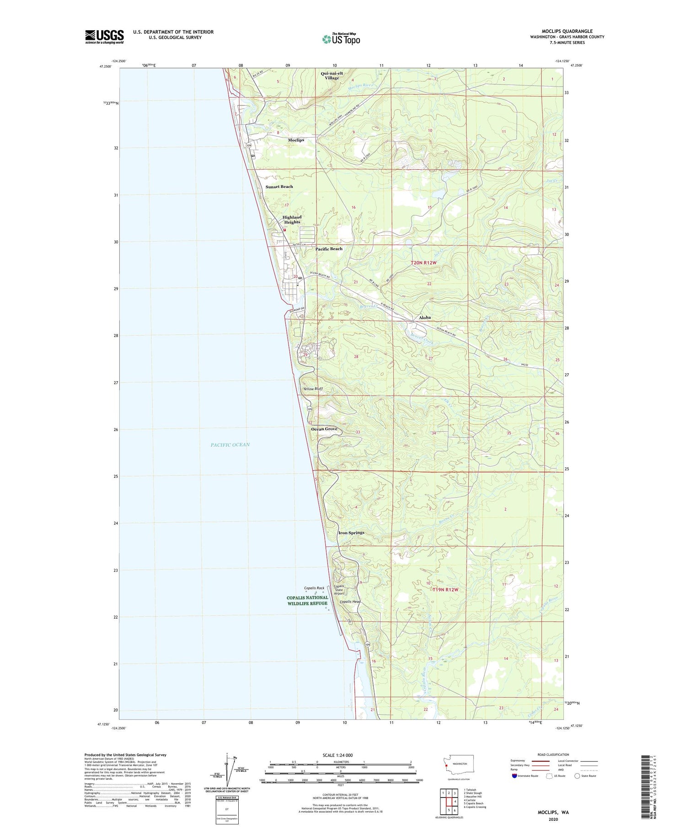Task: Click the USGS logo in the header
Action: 104,37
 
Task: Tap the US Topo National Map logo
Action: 341,39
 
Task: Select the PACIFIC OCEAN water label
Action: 230,445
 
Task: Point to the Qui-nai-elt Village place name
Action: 332,75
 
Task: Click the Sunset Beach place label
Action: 279,187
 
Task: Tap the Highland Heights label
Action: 292,219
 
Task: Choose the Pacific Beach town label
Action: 329,249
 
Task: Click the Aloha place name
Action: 424,317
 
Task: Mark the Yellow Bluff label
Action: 313,389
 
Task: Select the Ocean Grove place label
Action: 324,429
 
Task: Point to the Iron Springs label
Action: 351,533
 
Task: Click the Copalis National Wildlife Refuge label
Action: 307,600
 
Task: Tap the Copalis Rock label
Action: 314,588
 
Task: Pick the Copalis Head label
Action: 350,602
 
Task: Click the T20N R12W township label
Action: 423,263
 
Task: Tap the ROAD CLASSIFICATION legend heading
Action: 553,754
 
